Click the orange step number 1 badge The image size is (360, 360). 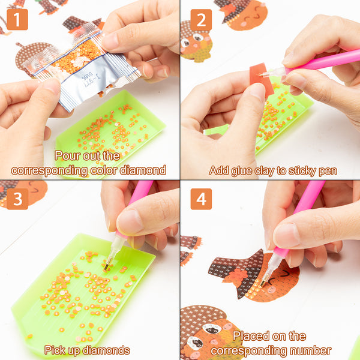point(17,20)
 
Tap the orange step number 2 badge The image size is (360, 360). point(201,20)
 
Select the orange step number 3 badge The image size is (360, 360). point(17,199)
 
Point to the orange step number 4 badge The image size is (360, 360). point(201,199)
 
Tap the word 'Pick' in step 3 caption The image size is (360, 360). point(53,350)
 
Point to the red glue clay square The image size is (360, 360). point(262,79)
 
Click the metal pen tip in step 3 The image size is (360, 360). point(107,266)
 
